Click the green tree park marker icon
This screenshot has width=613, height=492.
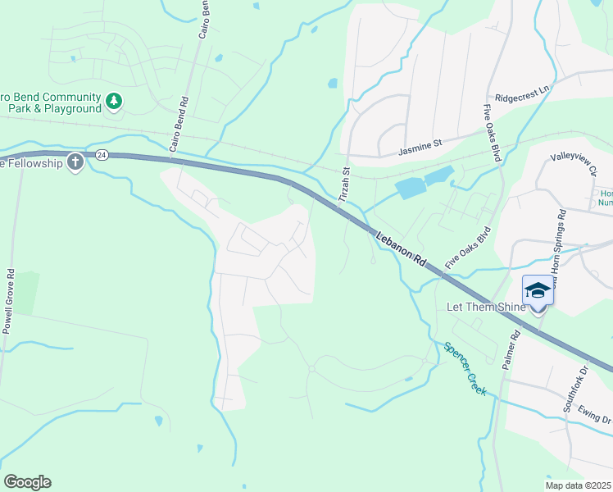[114, 102]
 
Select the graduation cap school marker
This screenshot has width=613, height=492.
[538, 291]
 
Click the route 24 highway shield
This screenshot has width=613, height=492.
[101, 154]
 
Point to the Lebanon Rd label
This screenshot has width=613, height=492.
[402, 248]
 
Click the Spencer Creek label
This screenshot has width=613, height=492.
[465, 369]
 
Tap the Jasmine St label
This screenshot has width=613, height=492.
[420, 147]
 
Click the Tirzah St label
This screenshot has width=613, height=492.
[345, 186]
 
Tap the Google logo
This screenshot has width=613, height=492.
[27, 482]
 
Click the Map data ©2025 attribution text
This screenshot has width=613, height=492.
[578, 485]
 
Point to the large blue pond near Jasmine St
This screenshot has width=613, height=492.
[424, 183]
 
